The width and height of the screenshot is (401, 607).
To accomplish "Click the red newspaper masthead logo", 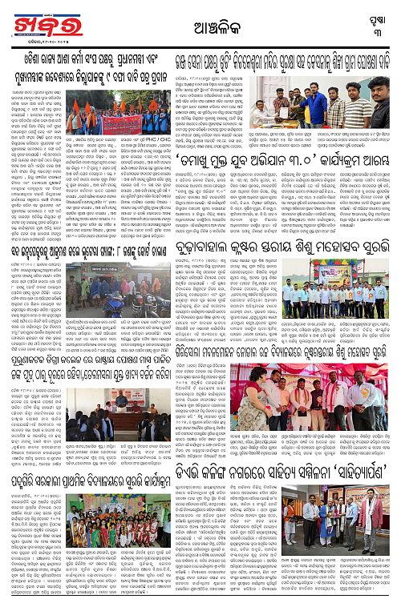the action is pyautogui.click(x=35, y=22).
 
